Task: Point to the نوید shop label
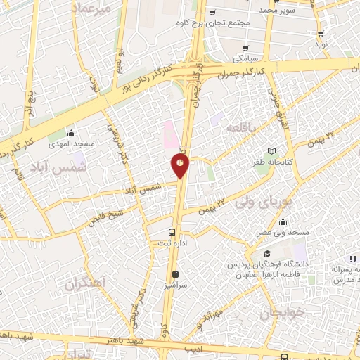pyautogui.click(x=321, y=44)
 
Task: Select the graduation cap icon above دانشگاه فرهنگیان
pyautogui.click(x=267, y=253)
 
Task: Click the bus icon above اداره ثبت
pyautogui.click(x=172, y=232)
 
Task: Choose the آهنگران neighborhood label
pyautogui.click(x=84, y=285)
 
